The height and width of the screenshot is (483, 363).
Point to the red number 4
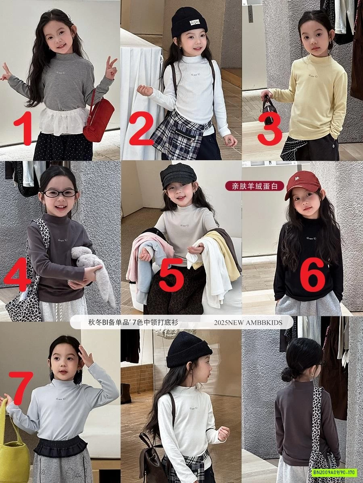pos(18,278)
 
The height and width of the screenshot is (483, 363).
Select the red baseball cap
pos(302,184)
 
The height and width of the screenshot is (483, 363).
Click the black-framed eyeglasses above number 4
pos(60,193)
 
